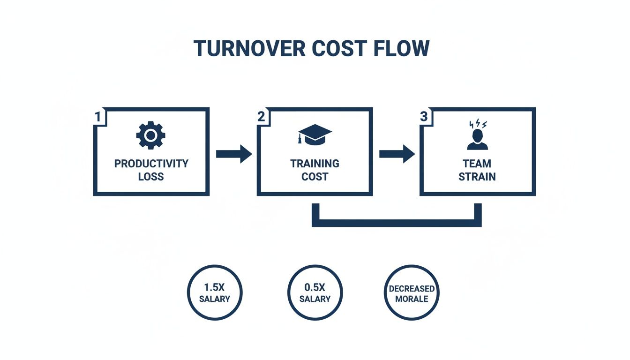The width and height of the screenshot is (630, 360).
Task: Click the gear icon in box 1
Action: tap(151, 136)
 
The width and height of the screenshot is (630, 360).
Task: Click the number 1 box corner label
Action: tap(98, 117)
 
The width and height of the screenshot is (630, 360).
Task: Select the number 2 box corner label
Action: tap(261, 117)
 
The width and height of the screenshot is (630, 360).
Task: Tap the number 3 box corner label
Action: tap(424, 117)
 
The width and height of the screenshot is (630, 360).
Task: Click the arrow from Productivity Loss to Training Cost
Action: tap(234, 154)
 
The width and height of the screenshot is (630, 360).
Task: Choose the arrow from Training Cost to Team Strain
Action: tap(397, 154)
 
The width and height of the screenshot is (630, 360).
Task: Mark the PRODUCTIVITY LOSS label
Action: tap(151, 170)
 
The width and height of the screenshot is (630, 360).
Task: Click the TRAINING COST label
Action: tap(315, 170)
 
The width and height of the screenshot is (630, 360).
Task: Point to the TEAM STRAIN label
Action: tap(477, 170)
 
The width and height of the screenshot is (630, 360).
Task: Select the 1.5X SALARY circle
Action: tap(215, 293)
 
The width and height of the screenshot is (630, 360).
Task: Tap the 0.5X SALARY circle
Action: tap(315, 293)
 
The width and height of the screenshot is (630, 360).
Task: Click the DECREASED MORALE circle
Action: tap(412, 293)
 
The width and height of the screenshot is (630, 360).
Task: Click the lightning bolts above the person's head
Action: tap(478, 124)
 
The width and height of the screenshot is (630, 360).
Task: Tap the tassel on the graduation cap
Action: tap(299, 139)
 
